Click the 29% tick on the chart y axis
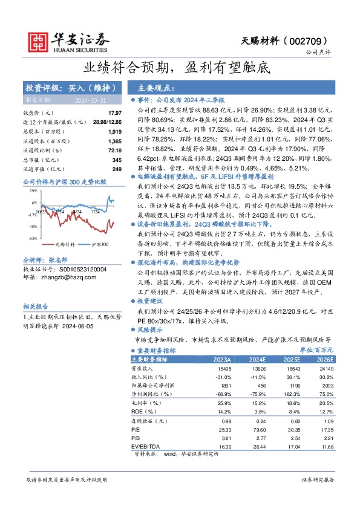click(34, 190)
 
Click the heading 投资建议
click(150, 300)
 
